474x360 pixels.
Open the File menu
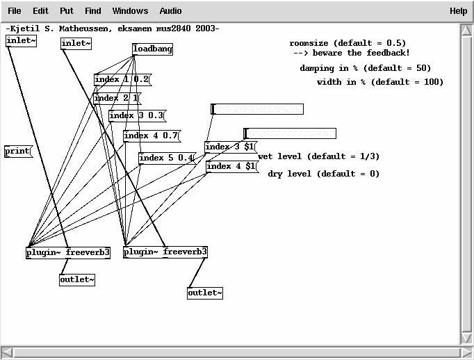tap(15, 11)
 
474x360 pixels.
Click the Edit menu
tap(40, 11)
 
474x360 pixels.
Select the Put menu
tap(67, 11)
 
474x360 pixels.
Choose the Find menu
tap(93, 11)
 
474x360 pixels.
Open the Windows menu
tap(130, 11)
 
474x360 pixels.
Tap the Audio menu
tap(170, 11)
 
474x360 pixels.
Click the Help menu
tap(458, 11)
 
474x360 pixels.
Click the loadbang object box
tap(152, 49)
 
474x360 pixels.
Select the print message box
tap(17, 151)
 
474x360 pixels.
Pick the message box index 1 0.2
tap(122, 79)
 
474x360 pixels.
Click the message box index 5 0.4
tap(166, 158)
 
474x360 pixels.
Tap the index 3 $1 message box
tap(230, 147)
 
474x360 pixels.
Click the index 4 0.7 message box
tap(151, 136)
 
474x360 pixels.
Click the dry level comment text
tap(324, 174)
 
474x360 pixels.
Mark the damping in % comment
tap(365, 69)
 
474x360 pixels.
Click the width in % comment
tap(379, 82)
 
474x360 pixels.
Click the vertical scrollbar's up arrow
tap(466, 30)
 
